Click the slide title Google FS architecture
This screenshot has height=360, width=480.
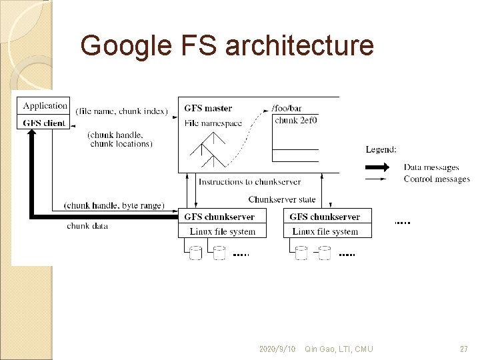(x=227, y=46)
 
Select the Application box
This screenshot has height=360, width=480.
(x=45, y=105)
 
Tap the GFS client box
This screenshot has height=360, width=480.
(x=45, y=123)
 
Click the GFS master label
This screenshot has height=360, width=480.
(x=208, y=108)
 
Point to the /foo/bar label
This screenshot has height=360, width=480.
(x=287, y=108)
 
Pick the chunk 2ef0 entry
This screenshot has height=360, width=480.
(x=295, y=121)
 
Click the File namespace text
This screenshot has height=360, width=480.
(x=213, y=123)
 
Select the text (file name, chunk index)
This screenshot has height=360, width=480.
(x=121, y=111)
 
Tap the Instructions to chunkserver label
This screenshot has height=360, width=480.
(x=249, y=181)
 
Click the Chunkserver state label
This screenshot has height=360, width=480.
(x=282, y=199)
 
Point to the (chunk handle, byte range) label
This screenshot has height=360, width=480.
(x=113, y=205)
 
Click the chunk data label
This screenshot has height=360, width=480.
(x=87, y=226)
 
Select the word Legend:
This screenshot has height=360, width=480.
(x=381, y=149)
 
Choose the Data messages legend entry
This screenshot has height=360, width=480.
(x=431, y=167)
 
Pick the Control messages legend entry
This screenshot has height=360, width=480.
(x=437, y=179)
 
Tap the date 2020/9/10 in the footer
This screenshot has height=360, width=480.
(x=277, y=349)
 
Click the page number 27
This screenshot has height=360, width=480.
(x=464, y=349)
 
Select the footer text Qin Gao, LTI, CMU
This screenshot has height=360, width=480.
(x=339, y=349)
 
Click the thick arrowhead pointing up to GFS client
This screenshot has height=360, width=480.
(x=31, y=134)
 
